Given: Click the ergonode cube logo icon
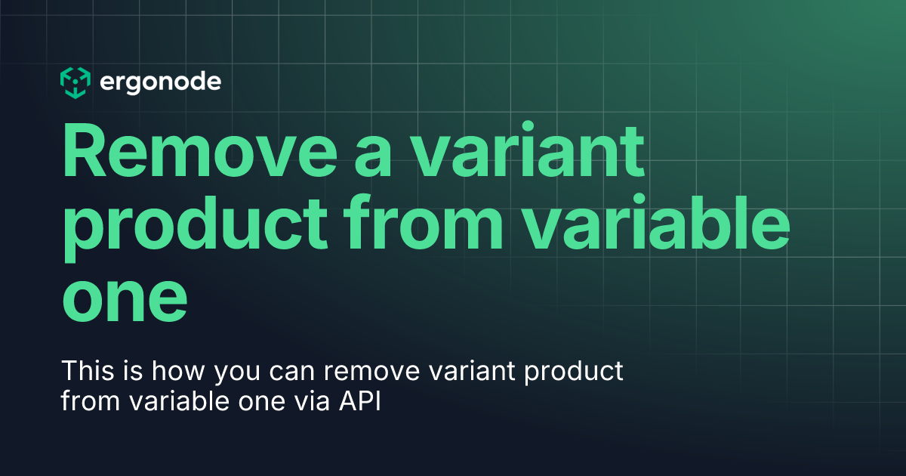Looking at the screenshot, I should pyautogui.click(x=75, y=82).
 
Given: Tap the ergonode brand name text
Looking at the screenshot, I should pyautogui.click(x=160, y=82).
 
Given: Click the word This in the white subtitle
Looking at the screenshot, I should pyautogui.click(x=85, y=372).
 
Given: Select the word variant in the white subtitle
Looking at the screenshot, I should pyautogui.click(x=472, y=372).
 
